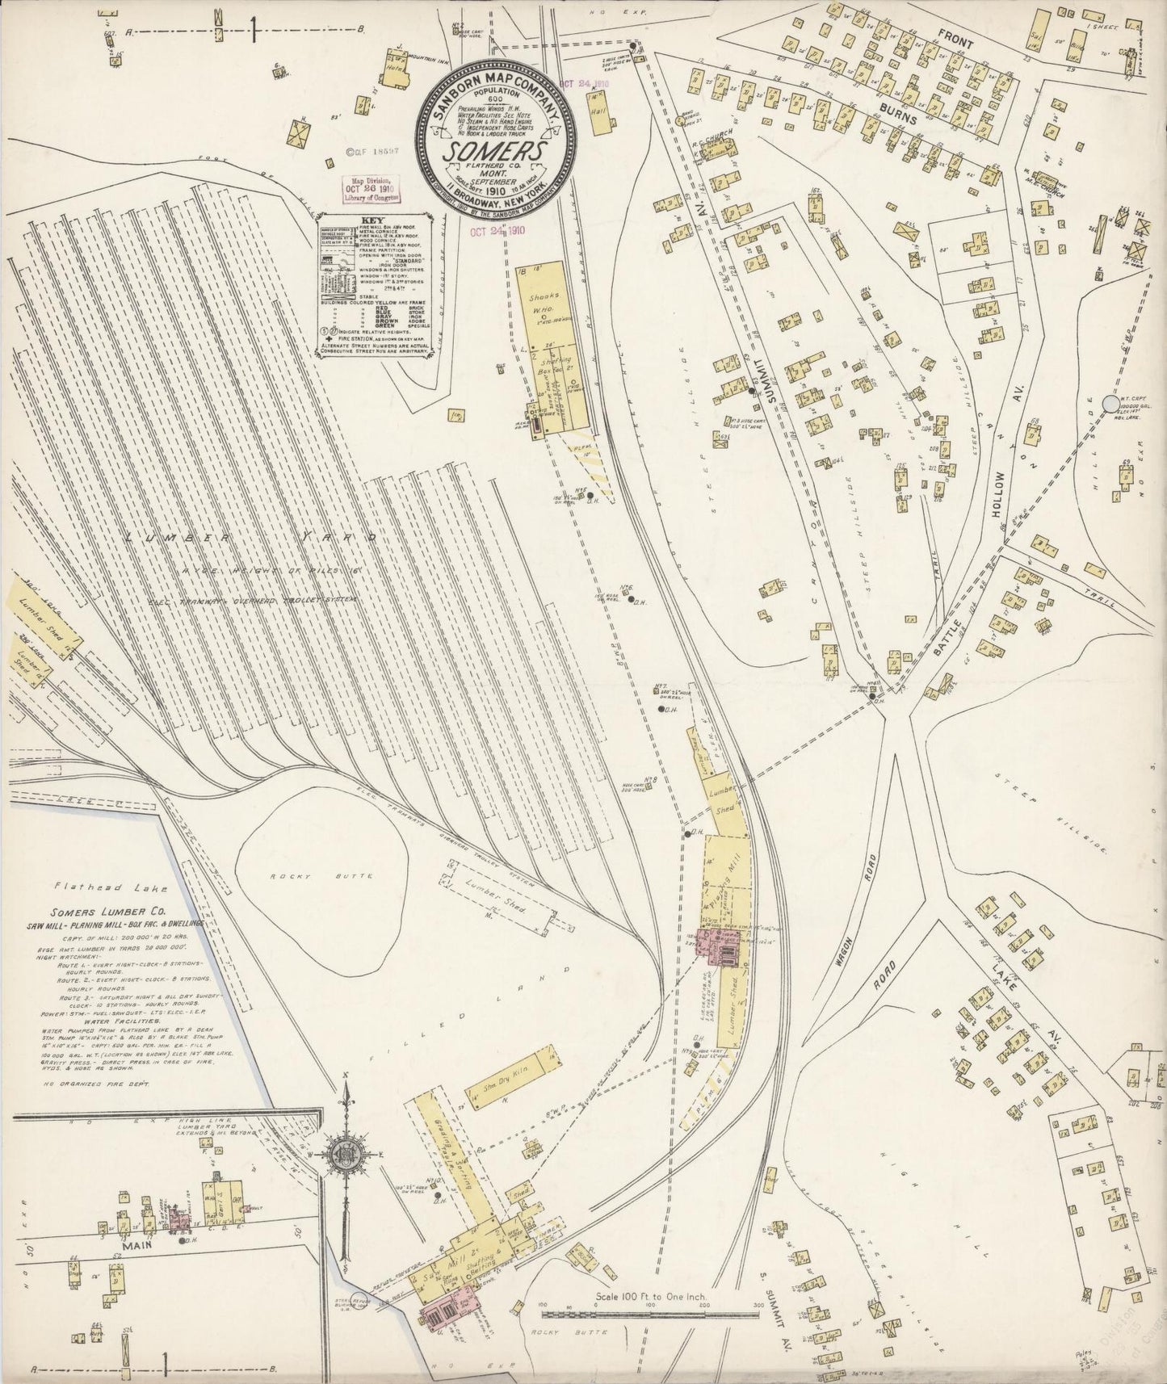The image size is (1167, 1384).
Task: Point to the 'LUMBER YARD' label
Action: [250, 537]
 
